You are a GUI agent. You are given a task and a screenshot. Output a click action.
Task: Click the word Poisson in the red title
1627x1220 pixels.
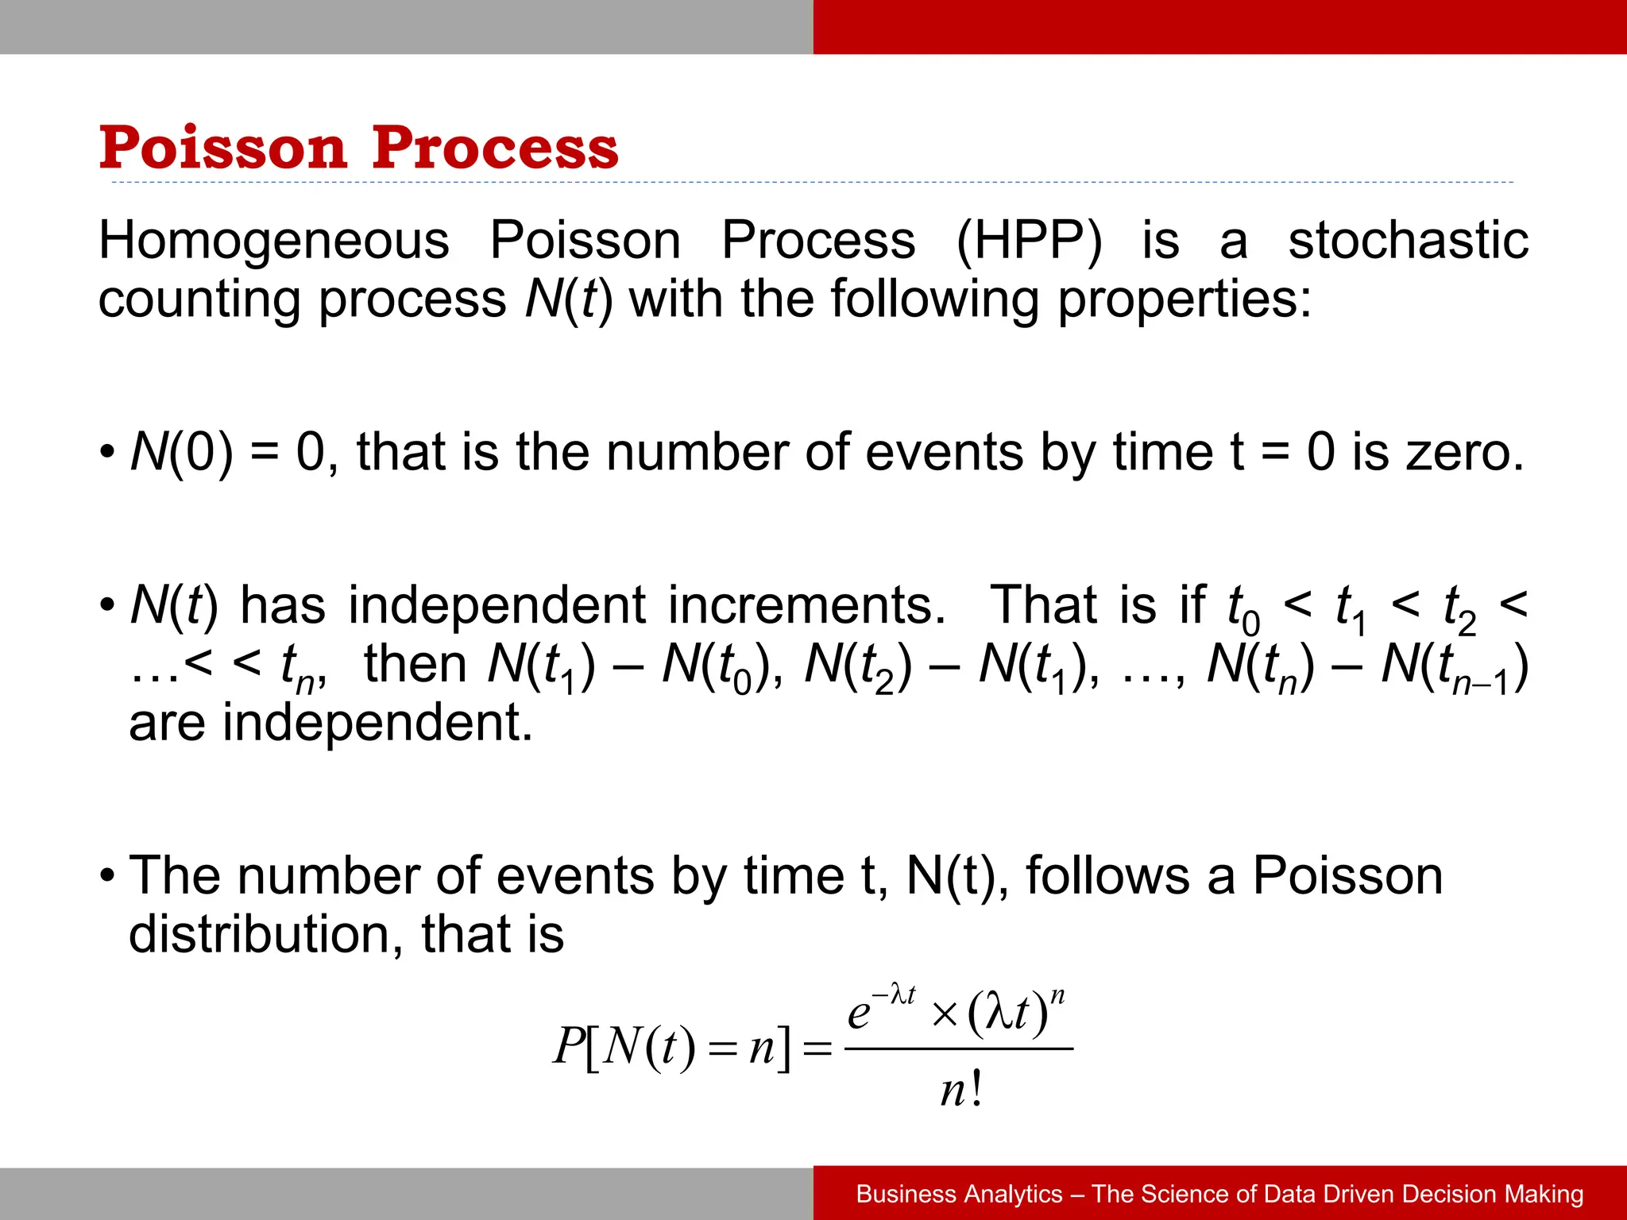222,148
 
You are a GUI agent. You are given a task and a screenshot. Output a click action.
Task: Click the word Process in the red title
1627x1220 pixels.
494,148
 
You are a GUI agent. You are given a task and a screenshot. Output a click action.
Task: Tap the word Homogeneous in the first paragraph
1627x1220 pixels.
273,240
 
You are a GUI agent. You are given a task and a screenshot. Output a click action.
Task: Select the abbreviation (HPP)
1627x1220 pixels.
1029,240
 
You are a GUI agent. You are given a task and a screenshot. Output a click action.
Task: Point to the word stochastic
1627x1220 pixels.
1408,240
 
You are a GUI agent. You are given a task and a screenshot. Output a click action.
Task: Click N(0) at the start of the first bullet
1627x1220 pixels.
181,453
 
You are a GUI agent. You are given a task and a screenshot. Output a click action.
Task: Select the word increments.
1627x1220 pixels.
806,605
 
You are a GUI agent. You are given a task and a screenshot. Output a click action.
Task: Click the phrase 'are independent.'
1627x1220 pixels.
330,723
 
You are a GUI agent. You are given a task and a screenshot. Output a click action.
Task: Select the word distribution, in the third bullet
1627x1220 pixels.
265,934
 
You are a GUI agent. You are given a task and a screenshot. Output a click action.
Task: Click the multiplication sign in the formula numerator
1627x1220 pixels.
945,1014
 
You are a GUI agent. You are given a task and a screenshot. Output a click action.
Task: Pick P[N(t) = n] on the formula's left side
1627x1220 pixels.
671,1047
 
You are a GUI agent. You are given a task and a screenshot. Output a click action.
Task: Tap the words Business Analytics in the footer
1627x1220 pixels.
959,1194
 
